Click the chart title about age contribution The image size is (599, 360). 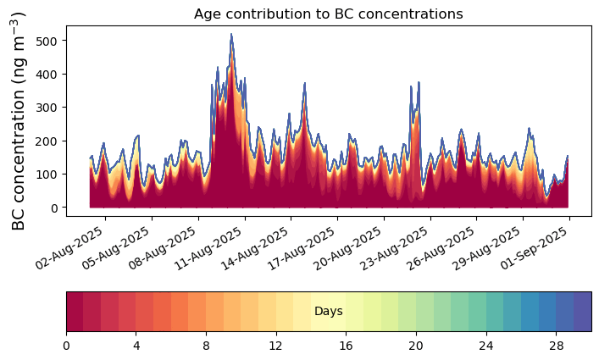click(328, 14)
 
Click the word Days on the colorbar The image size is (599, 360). click(328, 312)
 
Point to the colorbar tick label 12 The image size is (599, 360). click(276, 346)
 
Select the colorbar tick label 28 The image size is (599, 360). click(556, 346)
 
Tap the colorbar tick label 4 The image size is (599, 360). click(136, 346)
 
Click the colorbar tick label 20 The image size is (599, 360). click(416, 346)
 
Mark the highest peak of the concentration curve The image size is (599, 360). click(231, 35)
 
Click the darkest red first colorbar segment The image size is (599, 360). click(75, 312)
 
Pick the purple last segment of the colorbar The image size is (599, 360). click(582, 312)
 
